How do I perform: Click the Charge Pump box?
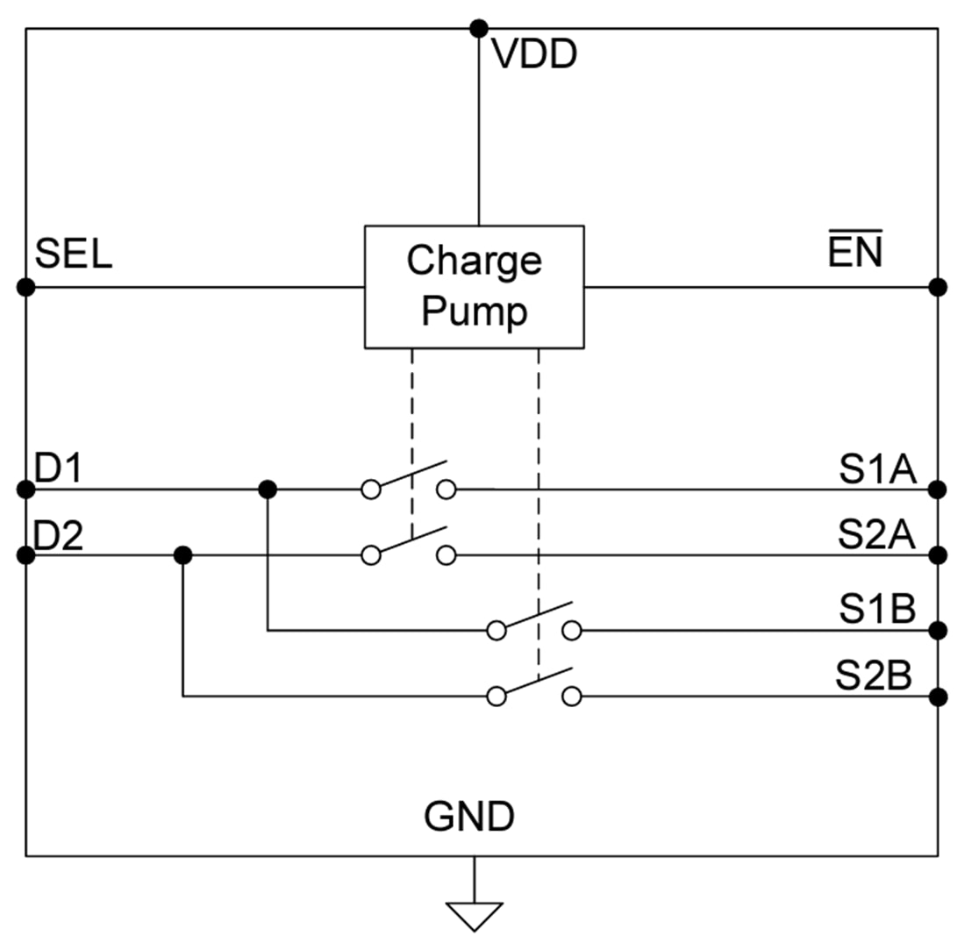(x=474, y=286)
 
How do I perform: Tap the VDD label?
(x=534, y=55)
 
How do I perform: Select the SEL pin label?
(x=74, y=255)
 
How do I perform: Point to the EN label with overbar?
(x=856, y=253)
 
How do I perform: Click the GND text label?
(x=469, y=818)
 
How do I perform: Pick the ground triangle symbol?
(x=475, y=916)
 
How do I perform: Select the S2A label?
(x=876, y=534)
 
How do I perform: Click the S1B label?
(x=876, y=610)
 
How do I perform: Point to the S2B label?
(x=876, y=676)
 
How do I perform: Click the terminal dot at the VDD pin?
(x=478, y=28)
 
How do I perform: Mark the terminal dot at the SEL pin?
(x=25, y=287)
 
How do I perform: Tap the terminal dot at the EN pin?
(x=939, y=287)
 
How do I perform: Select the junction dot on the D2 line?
(x=182, y=554)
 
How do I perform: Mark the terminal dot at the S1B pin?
(x=939, y=630)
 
